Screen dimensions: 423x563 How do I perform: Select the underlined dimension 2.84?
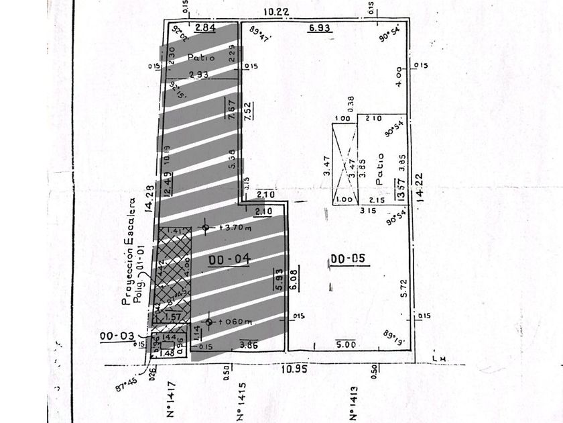(204, 28)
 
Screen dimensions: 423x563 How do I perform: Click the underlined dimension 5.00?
(347, 344)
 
